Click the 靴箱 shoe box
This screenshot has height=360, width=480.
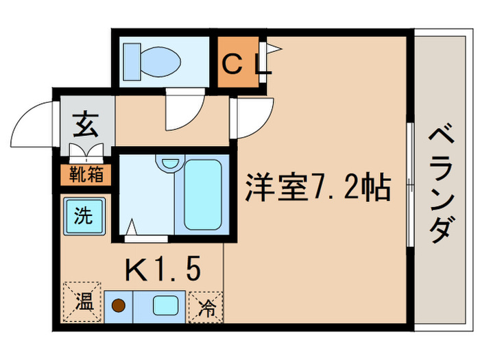pos(87,175)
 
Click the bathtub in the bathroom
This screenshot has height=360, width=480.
pos(202,195)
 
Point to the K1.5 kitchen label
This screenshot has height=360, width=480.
pos(163,269)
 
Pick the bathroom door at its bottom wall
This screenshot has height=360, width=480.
pos(145,237)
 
